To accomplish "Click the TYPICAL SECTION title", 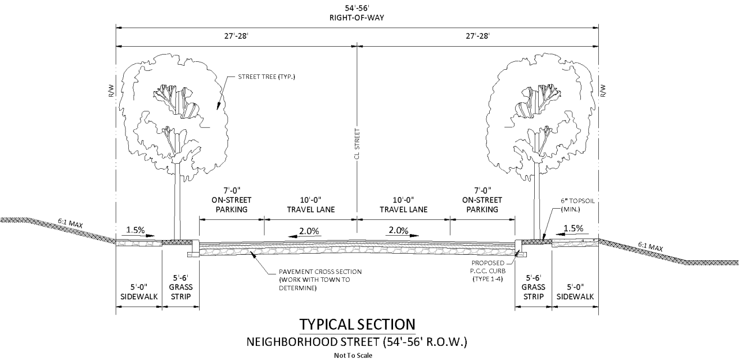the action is click(x=357, y=325).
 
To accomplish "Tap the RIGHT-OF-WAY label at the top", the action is click(x=357, y=18).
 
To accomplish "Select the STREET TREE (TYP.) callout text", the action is click(x=267, y=76).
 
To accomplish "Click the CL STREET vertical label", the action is click(x=357, y=144).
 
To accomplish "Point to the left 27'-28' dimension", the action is click(x=236, y=36).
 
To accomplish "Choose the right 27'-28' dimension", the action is click(x=478, y=36).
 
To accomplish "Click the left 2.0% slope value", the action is click(x=309, y=231).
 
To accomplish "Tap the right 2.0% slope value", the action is click(x=399, y=231).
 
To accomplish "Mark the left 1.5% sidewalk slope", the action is click(x=136, y=230).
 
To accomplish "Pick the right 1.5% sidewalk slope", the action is click(x=573, y=228).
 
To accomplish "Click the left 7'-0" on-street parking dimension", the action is click(x=232, y=200).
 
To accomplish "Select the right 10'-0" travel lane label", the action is click(x=403, y=205).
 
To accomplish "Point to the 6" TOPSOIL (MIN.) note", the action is click(x=577, y=205).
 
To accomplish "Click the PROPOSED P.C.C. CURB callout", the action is click(x=488, y=271).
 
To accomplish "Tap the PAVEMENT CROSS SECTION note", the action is click(x=320, y=280).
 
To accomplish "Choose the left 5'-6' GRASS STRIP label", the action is click(x=181, y=287).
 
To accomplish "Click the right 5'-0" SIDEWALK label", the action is click(x=575, y=292).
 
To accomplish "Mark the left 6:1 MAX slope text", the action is click(x=70, y=223).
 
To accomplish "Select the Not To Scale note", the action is click(x=353, y=355).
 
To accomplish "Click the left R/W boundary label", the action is click(x=111, y=91).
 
